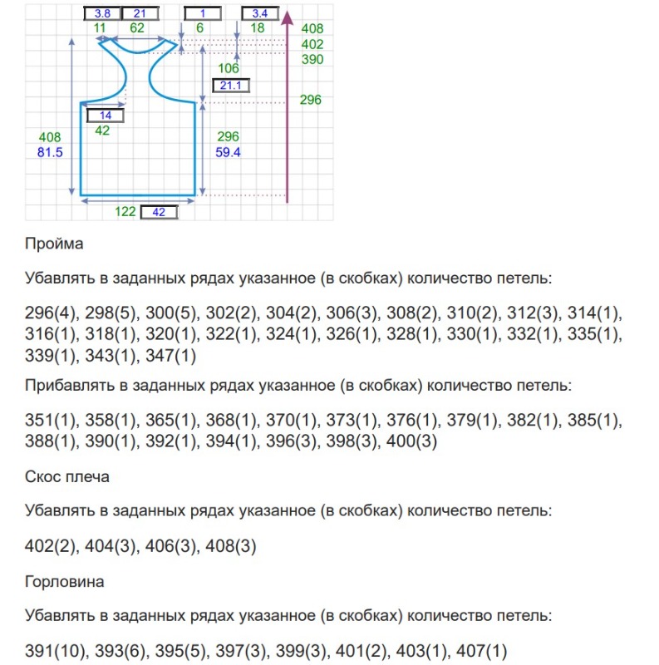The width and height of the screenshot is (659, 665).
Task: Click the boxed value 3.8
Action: point(102,13)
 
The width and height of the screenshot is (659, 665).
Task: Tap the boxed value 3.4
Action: point(258,13)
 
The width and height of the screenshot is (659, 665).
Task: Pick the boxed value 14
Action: point(105,115)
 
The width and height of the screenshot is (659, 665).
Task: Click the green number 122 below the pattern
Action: point(125,212)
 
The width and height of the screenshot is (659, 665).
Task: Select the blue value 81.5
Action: point(51,152)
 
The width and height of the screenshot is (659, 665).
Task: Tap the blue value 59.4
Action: point(228,152)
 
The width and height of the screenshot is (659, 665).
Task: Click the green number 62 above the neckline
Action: point(137,28)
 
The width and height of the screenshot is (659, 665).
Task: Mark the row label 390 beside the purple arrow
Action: point(312,60)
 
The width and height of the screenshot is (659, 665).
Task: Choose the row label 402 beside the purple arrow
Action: point(312,44)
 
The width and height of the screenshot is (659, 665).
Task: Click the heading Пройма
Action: point(54,244)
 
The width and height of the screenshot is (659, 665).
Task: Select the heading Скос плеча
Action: point(67,477)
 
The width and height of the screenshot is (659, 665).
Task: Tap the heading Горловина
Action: point(65,582)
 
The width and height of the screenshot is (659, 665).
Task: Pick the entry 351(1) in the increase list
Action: point(51,420)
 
